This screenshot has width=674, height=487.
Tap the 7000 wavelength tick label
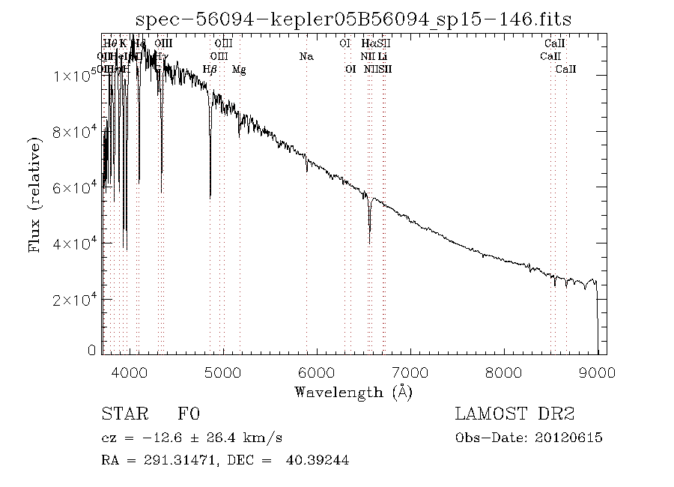(x=410, y=372)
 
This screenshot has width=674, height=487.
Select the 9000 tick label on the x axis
(x=597, y=372)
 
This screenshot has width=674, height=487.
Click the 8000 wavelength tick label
(x=503, y=372)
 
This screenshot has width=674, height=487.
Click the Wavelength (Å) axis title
(x=353, y=392)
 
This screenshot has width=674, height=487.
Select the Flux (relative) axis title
(x=35, y=194)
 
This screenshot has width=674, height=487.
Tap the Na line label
(x=306, y=56)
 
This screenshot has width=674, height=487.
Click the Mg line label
(x=239, y=70)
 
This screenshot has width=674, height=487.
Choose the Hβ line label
(x=210, y=70)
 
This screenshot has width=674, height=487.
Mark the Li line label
(x=382, y=56)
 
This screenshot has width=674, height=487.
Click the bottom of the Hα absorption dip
(x=369, y=242)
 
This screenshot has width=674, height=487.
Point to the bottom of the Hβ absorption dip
(x=210, y=198)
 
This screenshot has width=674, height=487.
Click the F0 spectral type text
(x=189, y=414)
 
